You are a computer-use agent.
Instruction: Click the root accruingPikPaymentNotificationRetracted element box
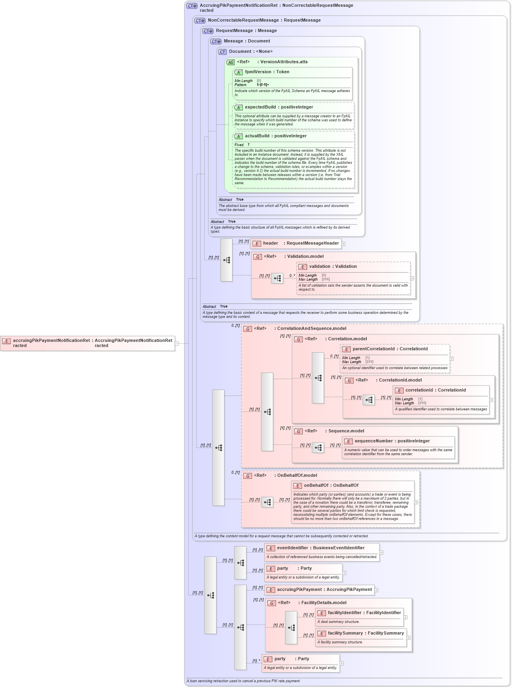click(x=88, y=343)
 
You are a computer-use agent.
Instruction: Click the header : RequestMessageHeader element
click(x=296, y=243)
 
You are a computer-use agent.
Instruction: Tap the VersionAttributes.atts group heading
click(x=284, y=62)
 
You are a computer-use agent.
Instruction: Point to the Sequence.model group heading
click(x=346, y=431)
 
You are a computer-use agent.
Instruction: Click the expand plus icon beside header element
click(x=343, y=244)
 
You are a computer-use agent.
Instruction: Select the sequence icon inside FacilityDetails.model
click(x=291, y=628)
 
